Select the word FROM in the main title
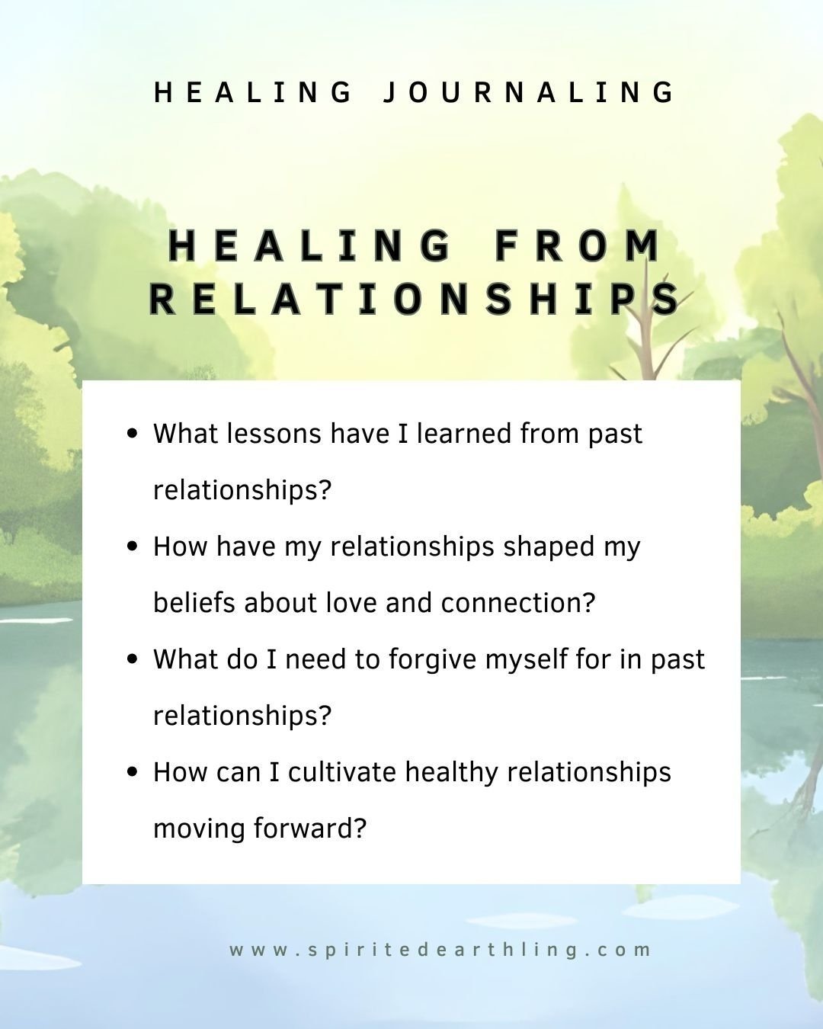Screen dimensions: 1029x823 point(578,245)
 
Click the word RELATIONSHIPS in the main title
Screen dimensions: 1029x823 point(415,298)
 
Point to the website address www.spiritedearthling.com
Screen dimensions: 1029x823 point(440,950)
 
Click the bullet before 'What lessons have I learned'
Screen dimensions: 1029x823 point(133,434)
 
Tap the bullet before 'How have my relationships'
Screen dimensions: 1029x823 point(133,547)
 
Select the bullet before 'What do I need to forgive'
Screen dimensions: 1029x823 point(133,659)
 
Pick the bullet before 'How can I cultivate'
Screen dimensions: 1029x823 point(133,772)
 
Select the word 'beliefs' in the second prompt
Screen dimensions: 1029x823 point(194,603)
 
